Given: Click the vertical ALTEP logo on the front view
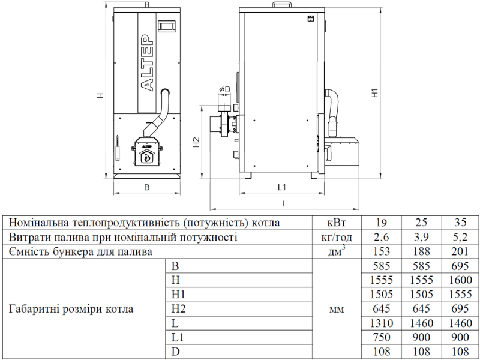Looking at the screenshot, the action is click(147, 63).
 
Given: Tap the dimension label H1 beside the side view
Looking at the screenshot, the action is click(375, 93).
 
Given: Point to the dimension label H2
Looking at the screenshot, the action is click(197, 142).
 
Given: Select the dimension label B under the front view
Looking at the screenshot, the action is click(147, 187).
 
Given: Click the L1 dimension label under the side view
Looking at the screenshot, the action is click(281, 187).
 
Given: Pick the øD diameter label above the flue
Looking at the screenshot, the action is click(224, 89).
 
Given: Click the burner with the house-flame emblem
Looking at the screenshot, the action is click(147, 151).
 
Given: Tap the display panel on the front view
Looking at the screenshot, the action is click(167, 26).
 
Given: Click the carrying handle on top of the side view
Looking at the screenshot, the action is click(281, 4).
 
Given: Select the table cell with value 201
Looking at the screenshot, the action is click(460, 251).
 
